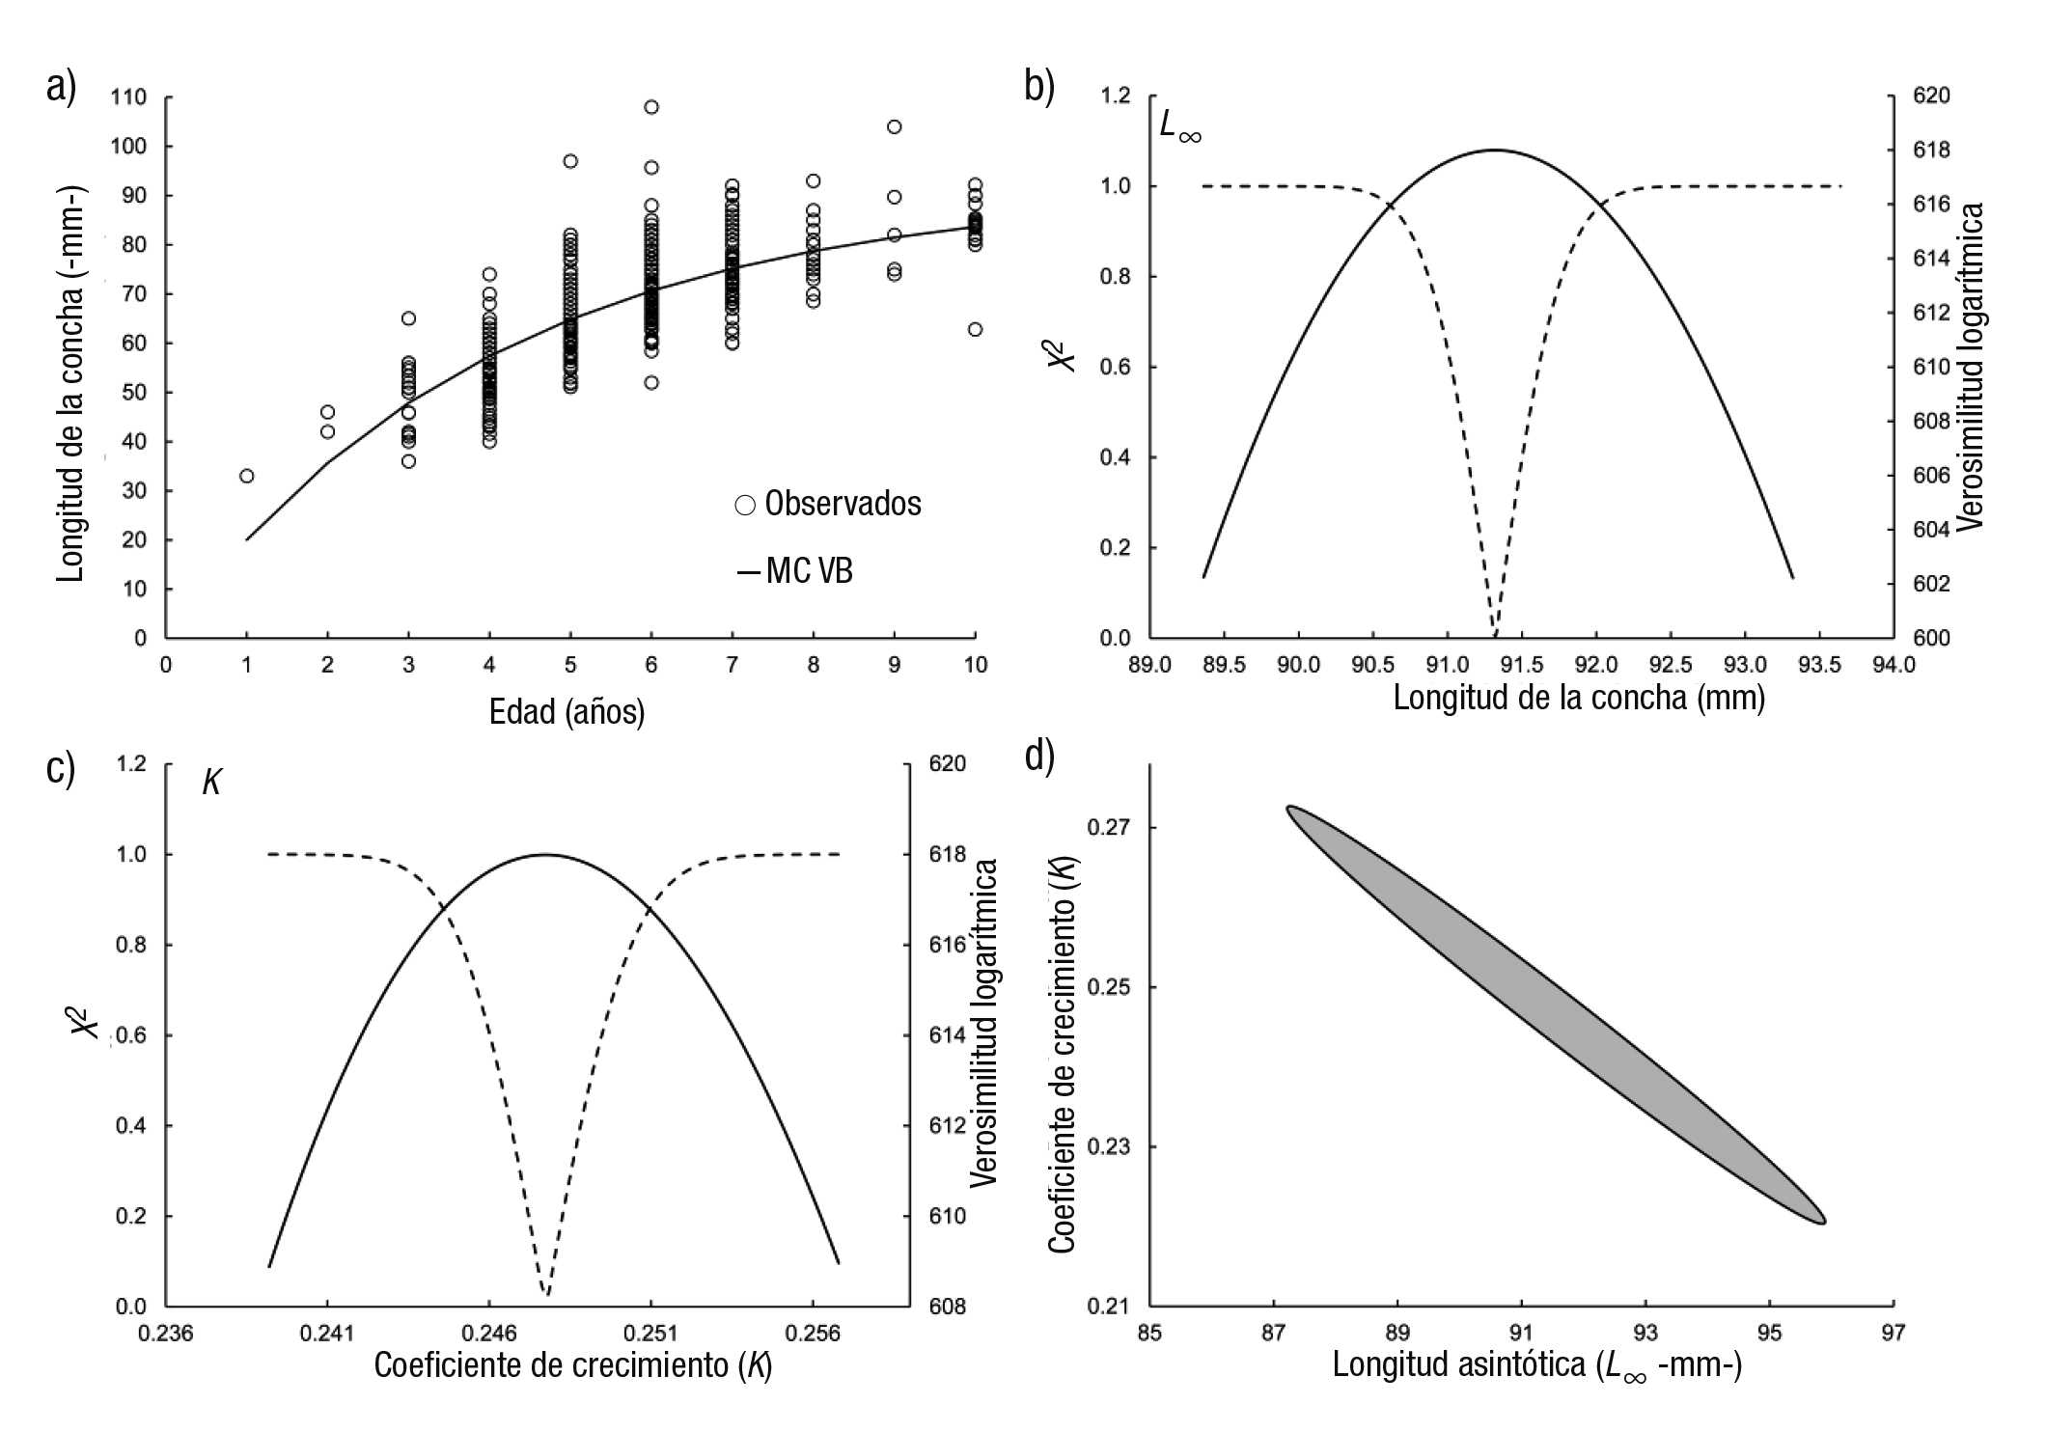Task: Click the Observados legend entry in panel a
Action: [x=828, y=504]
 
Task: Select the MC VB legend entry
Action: [x=796, y=571]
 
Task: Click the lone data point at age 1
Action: [x=247, y=476]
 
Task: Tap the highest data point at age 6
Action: [x=651, y=107]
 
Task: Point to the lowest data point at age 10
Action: [x=975, y=329]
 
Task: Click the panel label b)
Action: [x=1038, y=87]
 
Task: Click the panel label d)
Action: [x=1038, y=757]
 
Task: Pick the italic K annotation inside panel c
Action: [x=211, y=783]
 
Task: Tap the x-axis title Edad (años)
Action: [x=567, y=712]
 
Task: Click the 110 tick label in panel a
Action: [x=128, y=96]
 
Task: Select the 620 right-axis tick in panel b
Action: [x=1931, y=96]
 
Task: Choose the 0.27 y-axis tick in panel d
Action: [x=1108, y=828]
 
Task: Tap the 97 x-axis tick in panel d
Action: [x=1893, y=1333]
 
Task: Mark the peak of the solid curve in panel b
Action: [x=1494, y=150]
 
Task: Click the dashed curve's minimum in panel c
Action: [x=547, y=1294]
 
